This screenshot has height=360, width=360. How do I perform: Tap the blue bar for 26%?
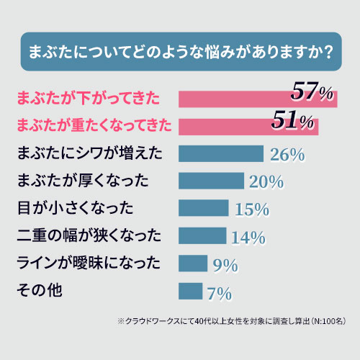tap(220, 153)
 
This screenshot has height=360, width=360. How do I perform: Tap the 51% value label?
tap(294, 121)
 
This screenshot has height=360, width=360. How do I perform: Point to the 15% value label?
tap(252, 210)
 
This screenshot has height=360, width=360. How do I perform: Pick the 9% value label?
tap(225, 266)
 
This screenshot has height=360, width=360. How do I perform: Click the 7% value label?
tap(219, 293)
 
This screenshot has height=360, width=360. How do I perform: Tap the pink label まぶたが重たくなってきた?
tap(93, 125)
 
